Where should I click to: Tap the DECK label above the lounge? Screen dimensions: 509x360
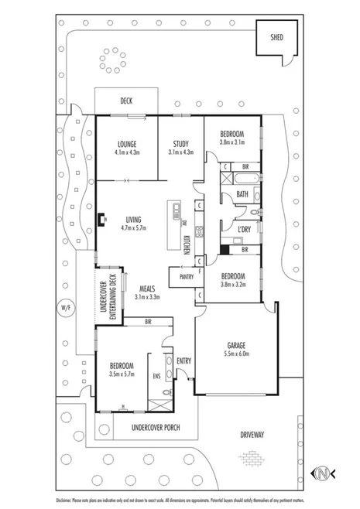point(126,101)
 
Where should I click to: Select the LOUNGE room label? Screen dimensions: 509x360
point(126,144)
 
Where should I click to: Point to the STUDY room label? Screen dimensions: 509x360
point(181,144)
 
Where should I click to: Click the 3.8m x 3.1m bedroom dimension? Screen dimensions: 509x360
point(232,142)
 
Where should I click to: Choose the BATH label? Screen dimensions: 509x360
point(242,194)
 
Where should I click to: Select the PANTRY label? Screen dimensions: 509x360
point(186,276)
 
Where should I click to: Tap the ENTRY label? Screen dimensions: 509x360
point(183,360)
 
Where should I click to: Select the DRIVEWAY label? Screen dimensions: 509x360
point(252,435)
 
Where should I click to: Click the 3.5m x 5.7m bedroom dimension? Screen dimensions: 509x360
point(122,374)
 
